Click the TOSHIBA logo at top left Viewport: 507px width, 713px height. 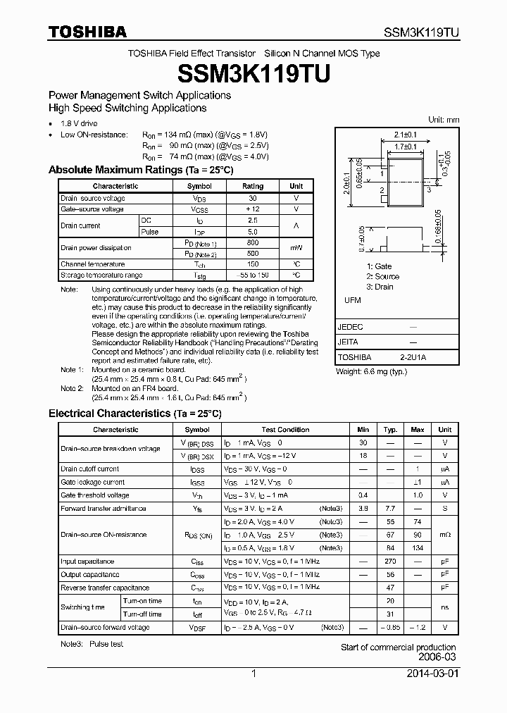(87, 32)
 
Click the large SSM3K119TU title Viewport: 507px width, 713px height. (253, 73)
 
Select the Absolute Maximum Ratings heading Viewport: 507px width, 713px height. (141, 170)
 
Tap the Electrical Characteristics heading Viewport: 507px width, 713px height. (134, 414)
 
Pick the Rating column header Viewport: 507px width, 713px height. (253, 186)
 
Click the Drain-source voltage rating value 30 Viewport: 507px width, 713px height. (253, 198)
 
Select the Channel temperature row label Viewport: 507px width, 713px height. (92, 264)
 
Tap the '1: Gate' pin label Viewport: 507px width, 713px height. (380, 266)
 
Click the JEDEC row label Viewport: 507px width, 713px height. (351, 327)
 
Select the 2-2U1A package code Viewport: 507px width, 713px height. (414, 357)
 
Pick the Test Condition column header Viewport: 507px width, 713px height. (285, 429)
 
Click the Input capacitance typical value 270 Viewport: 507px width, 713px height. (390, 562)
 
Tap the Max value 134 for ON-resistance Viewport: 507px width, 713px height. (418, 547)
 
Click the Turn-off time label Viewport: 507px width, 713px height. (142, 614)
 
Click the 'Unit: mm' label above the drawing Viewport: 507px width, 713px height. (444, 120)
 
